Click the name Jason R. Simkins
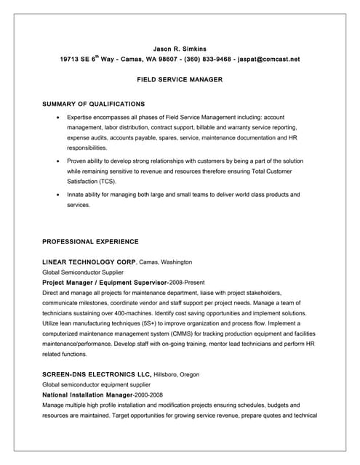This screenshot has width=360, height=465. point(180,48)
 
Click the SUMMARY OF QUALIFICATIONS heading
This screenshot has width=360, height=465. point(93,104)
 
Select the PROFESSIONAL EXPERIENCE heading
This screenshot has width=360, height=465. point(90,241)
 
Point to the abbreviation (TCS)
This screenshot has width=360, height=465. point(105,181)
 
